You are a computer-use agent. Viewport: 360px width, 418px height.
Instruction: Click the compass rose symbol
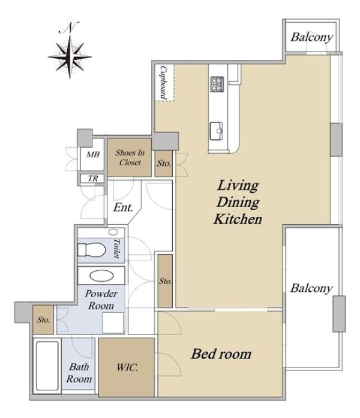pyautogui.click(x=70, y=57)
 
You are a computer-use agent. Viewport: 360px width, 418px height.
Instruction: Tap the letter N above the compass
pyautogui.click(x=69, y=27)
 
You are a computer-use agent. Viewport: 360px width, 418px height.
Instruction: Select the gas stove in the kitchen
pyautogui.click(x=217, y=84)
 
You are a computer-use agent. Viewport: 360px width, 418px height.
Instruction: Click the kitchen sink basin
pyautogui.click(x=216, y=131)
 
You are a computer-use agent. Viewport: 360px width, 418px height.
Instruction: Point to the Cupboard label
pyautogui.click(x=163, y=83)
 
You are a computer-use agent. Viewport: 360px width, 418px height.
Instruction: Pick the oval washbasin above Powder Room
pyautogui.click(x=101, y=276)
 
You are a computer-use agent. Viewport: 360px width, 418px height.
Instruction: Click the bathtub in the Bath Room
pyautogui.click(x=47, y=366)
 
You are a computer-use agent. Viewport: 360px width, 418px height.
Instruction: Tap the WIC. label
pyautogui.click(x=127, y=368)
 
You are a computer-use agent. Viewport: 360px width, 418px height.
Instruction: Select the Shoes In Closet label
pyautogui.click(x=130, y=157)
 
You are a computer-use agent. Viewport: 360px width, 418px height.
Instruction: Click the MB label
pyautogui.click(x=92, y=154)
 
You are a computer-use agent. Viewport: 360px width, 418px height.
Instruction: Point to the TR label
pyautogui.click(x=93, y=178)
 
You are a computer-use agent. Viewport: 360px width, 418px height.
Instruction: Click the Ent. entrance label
pyautogui.click(x=123, y=207)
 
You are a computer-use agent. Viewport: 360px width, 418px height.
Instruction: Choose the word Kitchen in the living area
pyautogui.click(x=238, y=219)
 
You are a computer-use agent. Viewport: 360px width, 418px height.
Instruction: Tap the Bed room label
pyautogui.click(x=221, y=354)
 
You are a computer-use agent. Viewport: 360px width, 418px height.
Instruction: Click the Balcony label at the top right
pyautogui.click(x=312, y=37)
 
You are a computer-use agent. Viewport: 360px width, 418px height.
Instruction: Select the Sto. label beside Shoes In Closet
pyautogui.click(x=164, y=163)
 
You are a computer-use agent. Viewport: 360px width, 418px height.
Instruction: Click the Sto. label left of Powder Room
pyautogui.click(x=43, y=320)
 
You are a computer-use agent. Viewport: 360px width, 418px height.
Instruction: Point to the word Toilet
pyautogui.click(x=116, y=248)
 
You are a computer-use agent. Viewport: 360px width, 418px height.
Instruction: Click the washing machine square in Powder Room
pyautogui.click(x=113, y=323)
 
